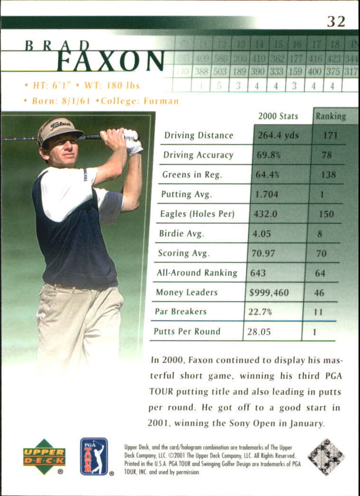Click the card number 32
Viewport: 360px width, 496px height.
tap(336, 21)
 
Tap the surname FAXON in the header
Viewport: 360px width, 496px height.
tap(110, 61)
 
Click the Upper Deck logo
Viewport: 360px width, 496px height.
tap(44, 456)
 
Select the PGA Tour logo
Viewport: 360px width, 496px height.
tap(94, 456)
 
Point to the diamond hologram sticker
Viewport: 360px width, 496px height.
tap(326, 457)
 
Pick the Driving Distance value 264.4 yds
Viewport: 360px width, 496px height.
tap(278, 135)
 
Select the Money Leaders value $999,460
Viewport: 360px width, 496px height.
tap(269, 292)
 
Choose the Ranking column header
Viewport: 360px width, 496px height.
tap(331, 116)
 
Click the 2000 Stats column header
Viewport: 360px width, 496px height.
tap(278, 116)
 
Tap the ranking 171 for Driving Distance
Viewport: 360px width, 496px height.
tap(330, 135)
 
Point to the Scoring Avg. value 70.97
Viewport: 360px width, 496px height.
tap(263, 253)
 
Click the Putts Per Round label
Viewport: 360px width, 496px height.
tap(187, 331)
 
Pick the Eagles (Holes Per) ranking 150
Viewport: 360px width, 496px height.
tap(326, 214)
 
